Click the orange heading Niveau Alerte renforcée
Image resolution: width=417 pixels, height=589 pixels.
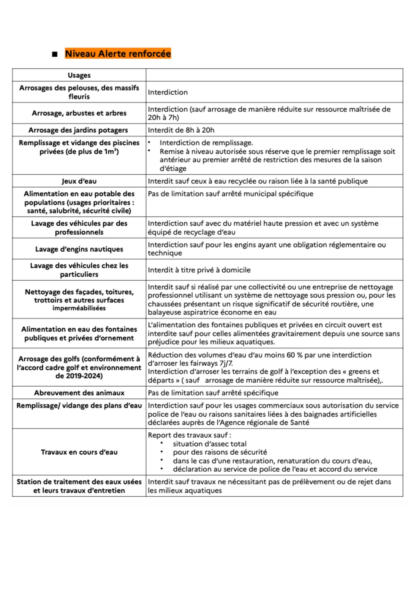pos(118,54)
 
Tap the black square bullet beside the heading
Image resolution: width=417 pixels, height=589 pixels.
pos(55,54)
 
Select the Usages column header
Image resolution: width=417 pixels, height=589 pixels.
pos(79,75)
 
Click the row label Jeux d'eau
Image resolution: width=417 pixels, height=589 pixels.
pos(79,181)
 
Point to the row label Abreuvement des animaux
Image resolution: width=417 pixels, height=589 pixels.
pos(79,393)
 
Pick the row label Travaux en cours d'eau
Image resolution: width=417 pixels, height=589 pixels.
pos(79,452)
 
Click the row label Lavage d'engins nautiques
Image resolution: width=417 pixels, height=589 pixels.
pos(79,249)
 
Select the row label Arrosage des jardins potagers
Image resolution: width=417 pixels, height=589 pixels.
pos(78,130)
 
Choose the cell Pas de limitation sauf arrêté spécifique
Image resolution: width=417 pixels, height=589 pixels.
pos(213,393)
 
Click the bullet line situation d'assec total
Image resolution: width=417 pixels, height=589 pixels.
pos(210,444)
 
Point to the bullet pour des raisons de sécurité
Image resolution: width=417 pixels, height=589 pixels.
pos(220,452)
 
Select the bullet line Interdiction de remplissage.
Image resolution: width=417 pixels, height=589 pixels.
pos(206,143)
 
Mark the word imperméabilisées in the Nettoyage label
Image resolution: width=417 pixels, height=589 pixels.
pos(79,308)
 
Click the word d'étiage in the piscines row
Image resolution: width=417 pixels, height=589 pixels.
pos(173,169)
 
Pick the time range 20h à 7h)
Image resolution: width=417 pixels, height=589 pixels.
pos(163,118)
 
